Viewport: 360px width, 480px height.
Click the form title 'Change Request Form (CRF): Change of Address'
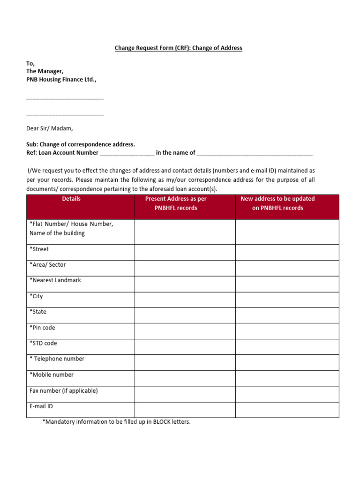point(179,48)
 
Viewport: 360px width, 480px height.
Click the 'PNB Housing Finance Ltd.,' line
point(61,80)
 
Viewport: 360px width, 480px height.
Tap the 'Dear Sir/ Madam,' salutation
point(50,128)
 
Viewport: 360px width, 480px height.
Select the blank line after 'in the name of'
point(255,153)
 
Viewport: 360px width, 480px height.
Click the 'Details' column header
point(71,199)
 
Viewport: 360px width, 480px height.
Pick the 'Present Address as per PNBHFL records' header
point(176,203)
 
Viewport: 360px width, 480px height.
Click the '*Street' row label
point(39,249)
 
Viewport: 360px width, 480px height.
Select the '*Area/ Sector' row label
point(47,265)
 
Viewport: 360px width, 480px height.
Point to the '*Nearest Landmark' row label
point(55,280)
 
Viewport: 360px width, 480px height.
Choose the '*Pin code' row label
point(42,328)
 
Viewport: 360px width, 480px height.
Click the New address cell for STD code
point(287,347)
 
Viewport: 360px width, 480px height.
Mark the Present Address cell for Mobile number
point(185,378)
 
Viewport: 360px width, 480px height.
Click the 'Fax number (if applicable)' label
point(64,390)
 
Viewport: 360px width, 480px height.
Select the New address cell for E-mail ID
point(287,410)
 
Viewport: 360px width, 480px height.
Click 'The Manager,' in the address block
point(45,71)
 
